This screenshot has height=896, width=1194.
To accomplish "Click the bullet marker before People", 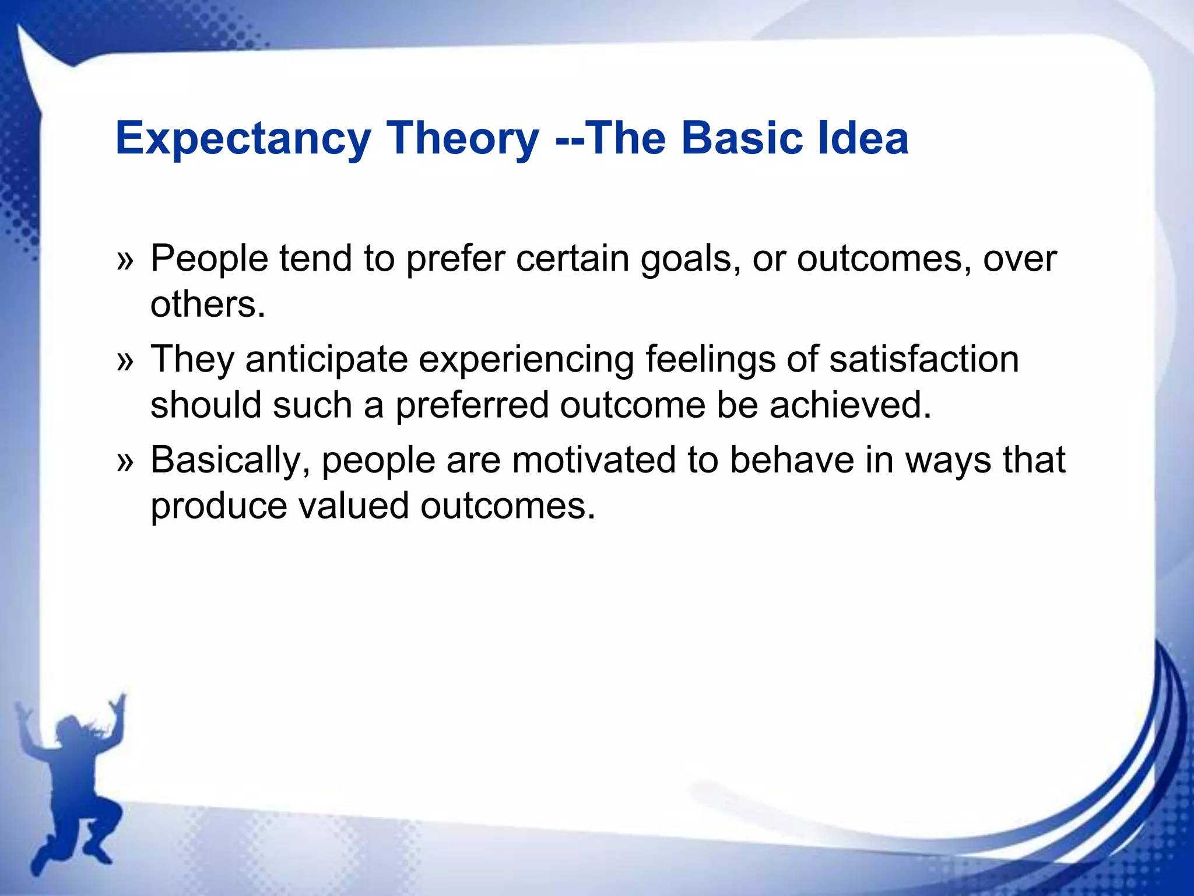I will [125, 260].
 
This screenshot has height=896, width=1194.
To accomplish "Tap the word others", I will [208, 304].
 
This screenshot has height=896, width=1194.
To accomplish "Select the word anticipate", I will [326, 359].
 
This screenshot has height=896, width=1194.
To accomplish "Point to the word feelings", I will [711, 359].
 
